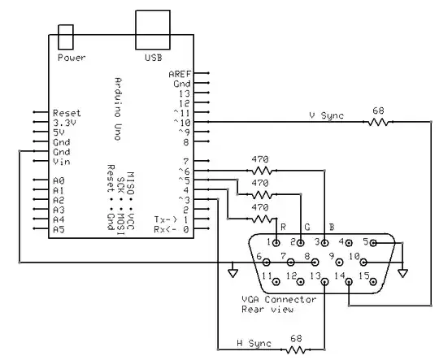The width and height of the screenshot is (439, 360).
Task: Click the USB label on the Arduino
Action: coord(153,59)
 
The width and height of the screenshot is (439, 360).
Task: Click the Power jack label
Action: coord(71,59)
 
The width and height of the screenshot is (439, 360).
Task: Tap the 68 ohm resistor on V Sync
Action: coord(378,122)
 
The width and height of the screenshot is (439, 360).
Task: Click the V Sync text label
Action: coord(326,116)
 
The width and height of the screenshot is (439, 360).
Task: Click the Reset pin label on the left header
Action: coord(67,113)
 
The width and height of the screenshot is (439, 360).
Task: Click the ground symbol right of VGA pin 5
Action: coord(402,271)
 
